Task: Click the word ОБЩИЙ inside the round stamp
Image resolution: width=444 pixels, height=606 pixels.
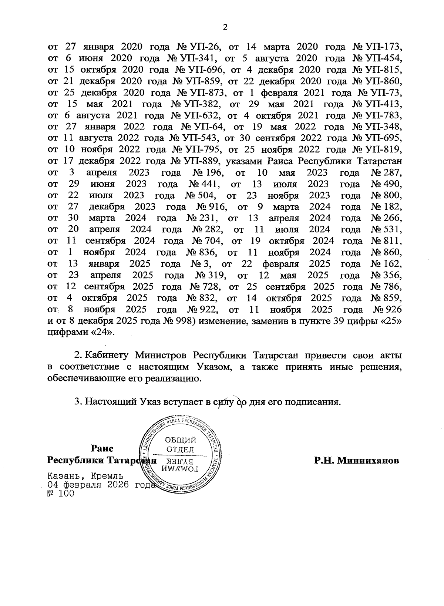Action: [x=180, y=440]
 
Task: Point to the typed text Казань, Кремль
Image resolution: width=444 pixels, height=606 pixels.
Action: [x=85, y=476]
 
